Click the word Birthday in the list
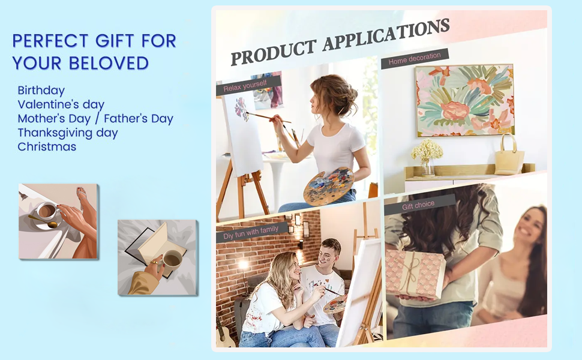(41, 91)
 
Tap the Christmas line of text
(47, 146)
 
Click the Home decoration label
(415, 59)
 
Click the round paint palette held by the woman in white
(328, 186)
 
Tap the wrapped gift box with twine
(415, 273)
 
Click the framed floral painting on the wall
(465, 100)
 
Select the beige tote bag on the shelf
(509, 156)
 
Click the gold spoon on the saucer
(43, 221)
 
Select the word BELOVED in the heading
(109, 64)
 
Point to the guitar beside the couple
(224, 332)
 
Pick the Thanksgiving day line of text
(68, 133)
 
